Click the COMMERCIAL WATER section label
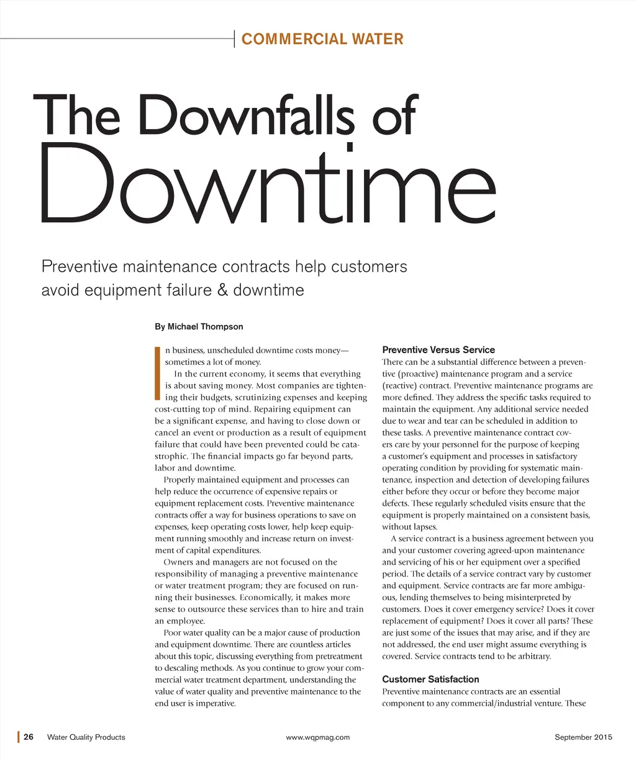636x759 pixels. [x=322, y=39]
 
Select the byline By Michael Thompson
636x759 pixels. [x=199, y=326]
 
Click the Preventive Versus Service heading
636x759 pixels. [x=438, y=350]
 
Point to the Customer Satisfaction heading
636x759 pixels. [x=430, y=680]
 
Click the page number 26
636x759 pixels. [x=29, y=737]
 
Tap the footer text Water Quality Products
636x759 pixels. [x=86, y=737]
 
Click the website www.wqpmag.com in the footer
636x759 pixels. [x=317, y=737]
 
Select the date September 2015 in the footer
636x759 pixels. [x=583, y=737]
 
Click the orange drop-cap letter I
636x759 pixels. [x=158, y=372]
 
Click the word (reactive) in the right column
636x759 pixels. [x=403, y=386]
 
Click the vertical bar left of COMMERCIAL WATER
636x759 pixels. [x=235, y=38]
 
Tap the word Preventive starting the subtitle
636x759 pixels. [x=79, y=267]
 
